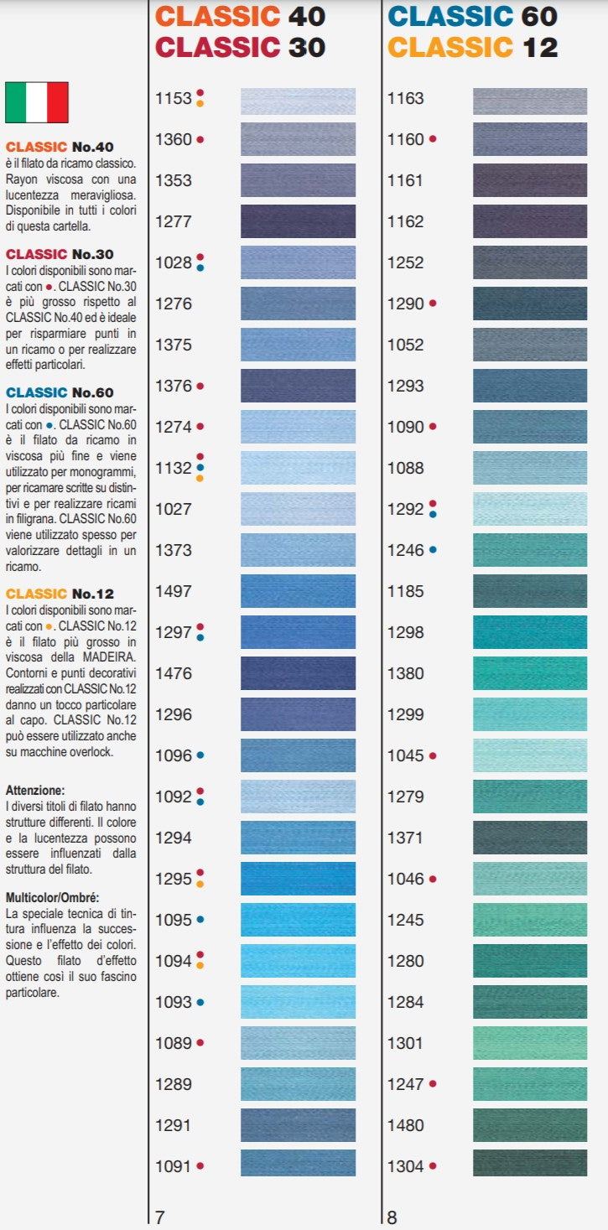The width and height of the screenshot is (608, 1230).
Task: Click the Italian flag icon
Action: click(36, 102)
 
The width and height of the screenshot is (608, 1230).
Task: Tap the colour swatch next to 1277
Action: click(298, 221)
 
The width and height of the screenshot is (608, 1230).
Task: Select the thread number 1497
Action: click(174, 591)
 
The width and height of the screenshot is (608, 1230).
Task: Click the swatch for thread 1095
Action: click(298, 920)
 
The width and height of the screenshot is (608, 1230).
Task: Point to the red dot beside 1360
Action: click(200, 139)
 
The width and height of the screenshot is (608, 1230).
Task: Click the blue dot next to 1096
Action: click(200, 755)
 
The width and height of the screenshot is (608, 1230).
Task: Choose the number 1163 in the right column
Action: click(405, 98)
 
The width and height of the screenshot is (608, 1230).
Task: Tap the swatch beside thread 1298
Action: click(530, 632)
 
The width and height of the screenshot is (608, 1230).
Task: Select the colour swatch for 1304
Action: click(530, 1165)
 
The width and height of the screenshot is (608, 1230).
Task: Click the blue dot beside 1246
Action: click(433, 550)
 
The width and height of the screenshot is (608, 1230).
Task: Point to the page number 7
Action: click(160, 1217)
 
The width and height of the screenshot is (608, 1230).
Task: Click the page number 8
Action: click(392, 1217)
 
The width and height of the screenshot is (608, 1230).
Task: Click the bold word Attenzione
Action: click(34, 790)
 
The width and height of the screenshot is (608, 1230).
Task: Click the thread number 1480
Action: click(405, 1125)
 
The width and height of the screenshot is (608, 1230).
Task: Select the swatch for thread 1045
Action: click(530, 755)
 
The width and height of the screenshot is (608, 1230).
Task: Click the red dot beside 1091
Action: click(200, 1165)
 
